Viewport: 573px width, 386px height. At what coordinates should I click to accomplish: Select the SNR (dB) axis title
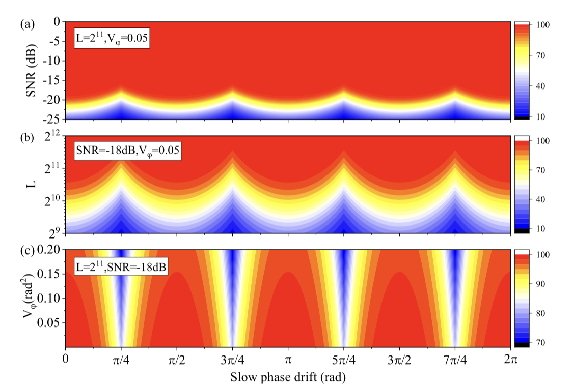(32, 70)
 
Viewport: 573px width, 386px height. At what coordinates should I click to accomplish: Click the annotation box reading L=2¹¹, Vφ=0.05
(112, 38)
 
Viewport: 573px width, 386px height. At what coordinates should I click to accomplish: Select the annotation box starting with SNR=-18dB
(127, 151)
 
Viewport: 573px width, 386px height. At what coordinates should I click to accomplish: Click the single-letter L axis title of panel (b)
(32, 184)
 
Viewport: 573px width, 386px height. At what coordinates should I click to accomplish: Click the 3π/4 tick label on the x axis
(232, 360)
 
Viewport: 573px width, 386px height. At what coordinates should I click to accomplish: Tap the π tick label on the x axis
(288, 360)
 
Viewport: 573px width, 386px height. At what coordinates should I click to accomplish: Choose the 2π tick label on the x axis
(511, 360)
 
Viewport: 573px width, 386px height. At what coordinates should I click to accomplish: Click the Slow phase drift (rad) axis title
(288, 377)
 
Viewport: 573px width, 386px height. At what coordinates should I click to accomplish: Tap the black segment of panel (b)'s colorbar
(522, 230)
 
